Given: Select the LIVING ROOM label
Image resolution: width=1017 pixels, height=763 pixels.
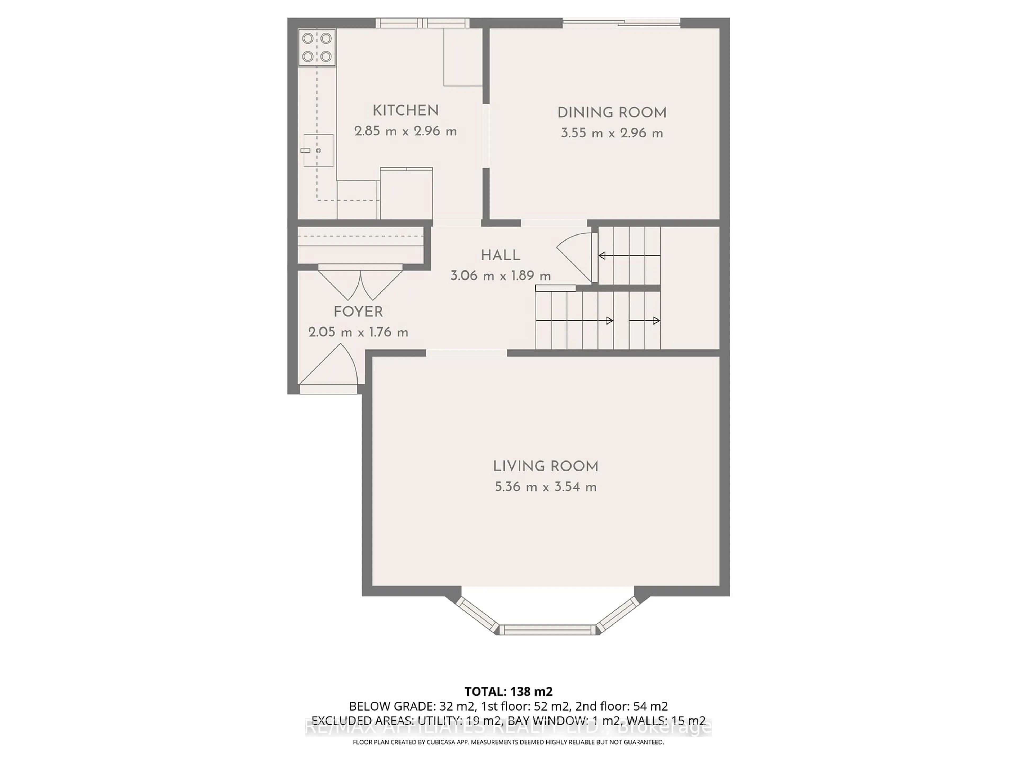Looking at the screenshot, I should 546,466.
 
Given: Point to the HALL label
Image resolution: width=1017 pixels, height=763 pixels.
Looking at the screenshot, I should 500,255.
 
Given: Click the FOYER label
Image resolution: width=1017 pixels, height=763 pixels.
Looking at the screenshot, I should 358,312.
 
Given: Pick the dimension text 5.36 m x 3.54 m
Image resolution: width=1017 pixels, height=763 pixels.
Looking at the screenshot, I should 546,487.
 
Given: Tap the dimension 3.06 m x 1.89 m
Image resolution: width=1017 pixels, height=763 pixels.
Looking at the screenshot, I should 500,276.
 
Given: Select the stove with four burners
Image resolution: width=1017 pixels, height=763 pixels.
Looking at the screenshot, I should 317,47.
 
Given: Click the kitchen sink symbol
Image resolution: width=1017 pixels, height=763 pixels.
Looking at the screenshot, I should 318,150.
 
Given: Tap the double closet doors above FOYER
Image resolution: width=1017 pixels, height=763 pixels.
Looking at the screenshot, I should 360,283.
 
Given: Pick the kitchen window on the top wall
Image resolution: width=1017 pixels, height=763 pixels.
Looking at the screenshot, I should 422,23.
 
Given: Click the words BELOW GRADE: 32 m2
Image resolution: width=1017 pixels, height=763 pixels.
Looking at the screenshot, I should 390,706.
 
